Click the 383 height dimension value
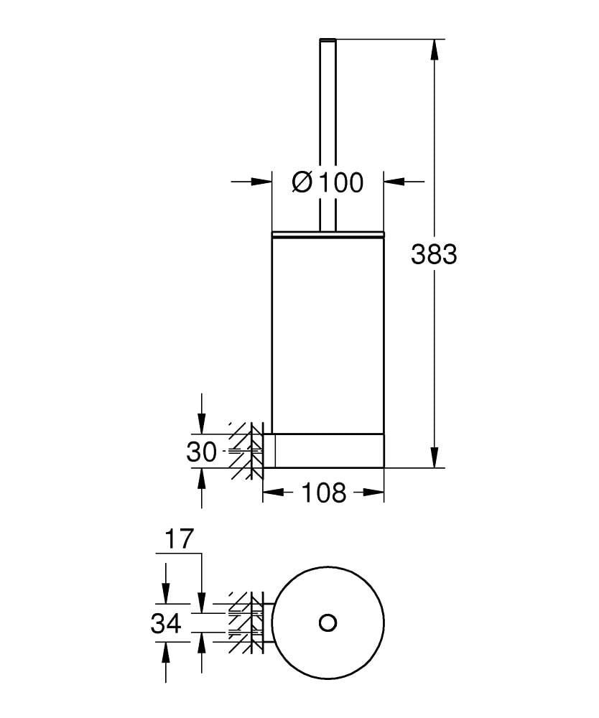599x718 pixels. tap(434, 253)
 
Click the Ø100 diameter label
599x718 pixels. tap(328, 182)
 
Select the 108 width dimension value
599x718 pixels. tap(323, 493)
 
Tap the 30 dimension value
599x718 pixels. tap(201, 452)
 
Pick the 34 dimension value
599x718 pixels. tap(166, 624)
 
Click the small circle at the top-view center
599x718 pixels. tap(328, 622)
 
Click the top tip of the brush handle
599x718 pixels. tap(328, 39)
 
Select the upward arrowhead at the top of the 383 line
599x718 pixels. tap(434, 50)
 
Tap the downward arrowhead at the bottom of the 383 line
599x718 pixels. tap(434, 457)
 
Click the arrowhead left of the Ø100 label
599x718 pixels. tap(263, 182)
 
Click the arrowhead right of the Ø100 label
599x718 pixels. tap(393, 182)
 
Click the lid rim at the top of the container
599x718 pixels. tap(328, 233)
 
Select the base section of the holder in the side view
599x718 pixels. tap(328, 450)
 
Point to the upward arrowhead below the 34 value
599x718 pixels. tap(166, 651)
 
